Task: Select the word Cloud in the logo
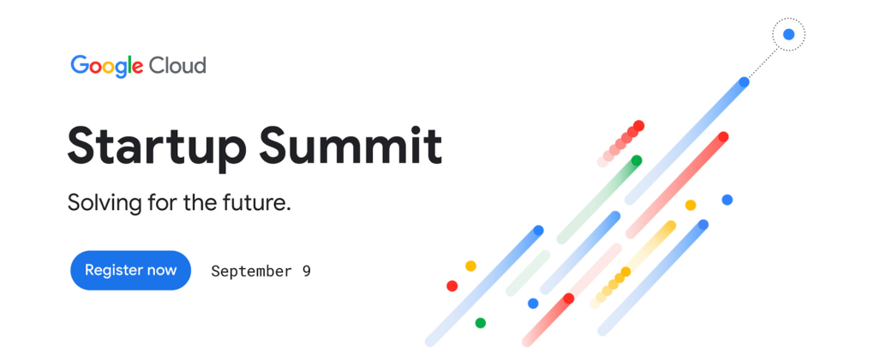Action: (x=177, y=66)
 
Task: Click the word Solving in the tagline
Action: (x=105, y=202)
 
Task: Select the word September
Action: (x=251, y=272)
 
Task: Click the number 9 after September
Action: (x=307, y=272)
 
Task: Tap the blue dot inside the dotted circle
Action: (x=788, y=34)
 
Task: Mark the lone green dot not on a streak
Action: (x=480, y=322)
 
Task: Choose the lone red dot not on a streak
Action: (x=452, y=286)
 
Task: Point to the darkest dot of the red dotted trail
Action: (x=638, y=125)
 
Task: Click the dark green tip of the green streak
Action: (x=637, y=160)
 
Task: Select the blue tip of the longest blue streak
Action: (x=744, y=82)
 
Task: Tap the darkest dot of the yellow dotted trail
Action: (x=626, y=272)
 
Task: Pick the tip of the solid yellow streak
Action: (x=671, y=225)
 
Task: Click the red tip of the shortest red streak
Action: (x=569, y=298)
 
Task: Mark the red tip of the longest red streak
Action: (x=723, y=136)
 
